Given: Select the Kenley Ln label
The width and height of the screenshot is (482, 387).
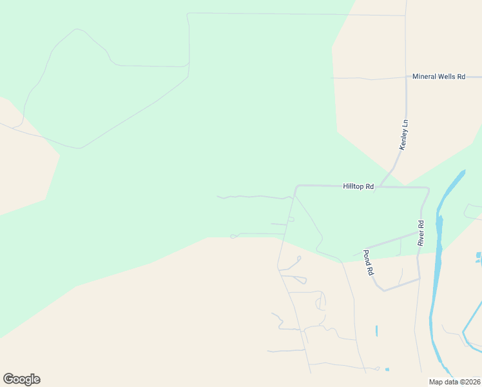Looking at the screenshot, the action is click(404, 135).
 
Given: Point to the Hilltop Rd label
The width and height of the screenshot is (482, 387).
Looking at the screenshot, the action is click(358, 186).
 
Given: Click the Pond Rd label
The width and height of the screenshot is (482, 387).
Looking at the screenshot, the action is click(369, 263).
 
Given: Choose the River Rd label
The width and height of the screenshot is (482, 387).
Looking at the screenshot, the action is click(421, 233).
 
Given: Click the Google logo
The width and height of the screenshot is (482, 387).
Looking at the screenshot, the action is click(21, 379).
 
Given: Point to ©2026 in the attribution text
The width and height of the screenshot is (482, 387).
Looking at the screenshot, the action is click(469, 381).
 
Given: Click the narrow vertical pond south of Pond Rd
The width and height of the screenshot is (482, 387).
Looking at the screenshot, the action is click(376, 331).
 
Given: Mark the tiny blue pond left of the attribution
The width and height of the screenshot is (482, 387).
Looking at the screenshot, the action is click(387, 370).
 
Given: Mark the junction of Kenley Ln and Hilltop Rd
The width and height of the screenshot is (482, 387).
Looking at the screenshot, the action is click(380, 186).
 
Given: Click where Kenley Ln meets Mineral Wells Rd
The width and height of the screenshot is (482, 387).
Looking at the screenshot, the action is click(406, 77).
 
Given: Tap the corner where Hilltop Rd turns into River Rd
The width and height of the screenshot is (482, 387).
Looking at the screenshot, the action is click(428, 189).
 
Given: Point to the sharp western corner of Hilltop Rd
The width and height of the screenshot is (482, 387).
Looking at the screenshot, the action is click(296, 187).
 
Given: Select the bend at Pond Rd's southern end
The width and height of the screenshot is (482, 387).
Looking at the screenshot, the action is click(384, 290).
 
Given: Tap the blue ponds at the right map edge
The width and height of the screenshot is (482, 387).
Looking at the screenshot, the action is click(478, 258).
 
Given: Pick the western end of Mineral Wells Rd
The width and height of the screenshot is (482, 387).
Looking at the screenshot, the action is click(332, 78).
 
